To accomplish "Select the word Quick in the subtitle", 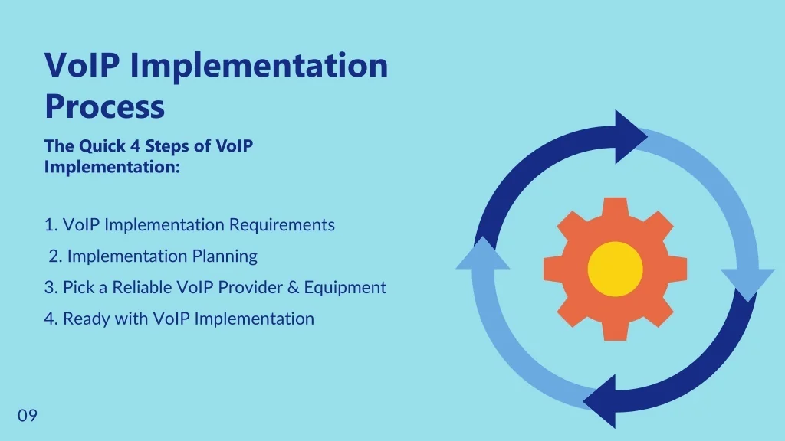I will [100, 146].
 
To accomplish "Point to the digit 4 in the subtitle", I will [133, 146].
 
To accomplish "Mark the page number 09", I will [28, 416].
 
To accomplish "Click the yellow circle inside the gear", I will [615, 269].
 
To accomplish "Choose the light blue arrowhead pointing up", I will [482, 254].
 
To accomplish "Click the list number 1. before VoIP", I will [51, 225].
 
